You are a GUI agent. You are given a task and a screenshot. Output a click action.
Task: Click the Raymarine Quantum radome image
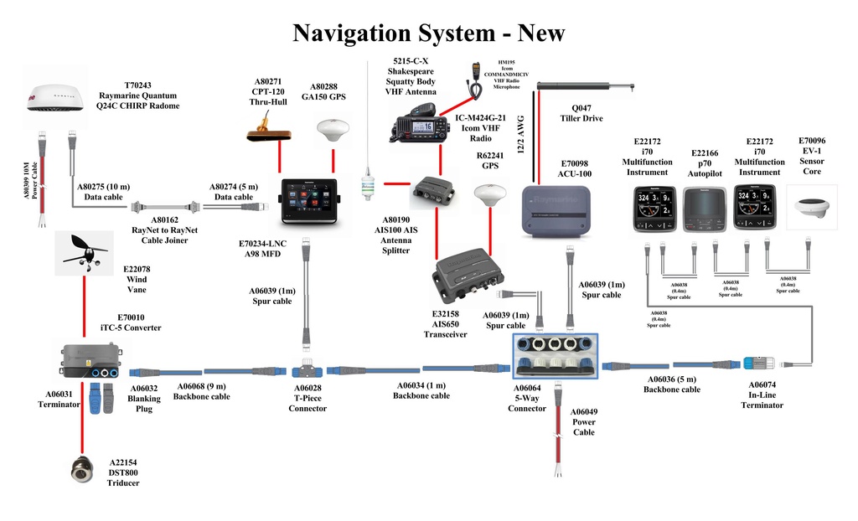tap(55, 101)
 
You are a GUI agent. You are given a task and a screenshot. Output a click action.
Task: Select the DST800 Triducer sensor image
tap(82, 469)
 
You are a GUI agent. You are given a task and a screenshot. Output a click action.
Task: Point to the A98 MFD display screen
tap(308, 201)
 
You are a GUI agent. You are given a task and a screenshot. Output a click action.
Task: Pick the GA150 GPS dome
tap(333, 132)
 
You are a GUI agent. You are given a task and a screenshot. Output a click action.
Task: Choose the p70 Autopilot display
tap(704, 209)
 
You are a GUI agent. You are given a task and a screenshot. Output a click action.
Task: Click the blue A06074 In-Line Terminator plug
tap(753, 364)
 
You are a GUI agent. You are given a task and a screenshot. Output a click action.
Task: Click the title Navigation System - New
tap(428, 33)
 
